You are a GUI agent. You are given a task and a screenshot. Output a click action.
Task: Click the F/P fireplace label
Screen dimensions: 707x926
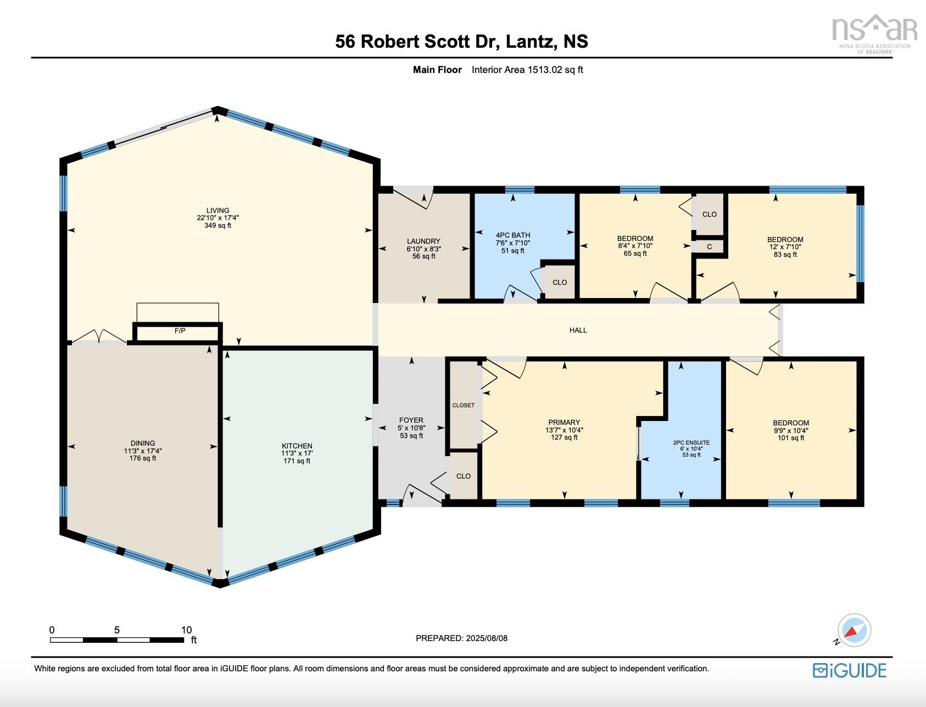[180, 331]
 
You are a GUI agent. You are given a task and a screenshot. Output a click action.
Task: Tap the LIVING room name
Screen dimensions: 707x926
[217, 210]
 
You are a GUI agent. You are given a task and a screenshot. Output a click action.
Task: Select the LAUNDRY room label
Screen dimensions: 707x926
[423, 241]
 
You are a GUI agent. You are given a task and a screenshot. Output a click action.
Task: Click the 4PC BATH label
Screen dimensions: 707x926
[512, 235]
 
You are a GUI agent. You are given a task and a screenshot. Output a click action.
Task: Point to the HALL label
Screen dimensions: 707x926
[578, 330]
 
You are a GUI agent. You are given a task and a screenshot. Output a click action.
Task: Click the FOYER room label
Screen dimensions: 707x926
[411, 420]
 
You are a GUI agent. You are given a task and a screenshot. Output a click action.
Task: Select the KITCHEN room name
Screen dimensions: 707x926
[297, 446]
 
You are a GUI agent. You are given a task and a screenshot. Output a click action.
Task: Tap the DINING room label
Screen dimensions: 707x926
[143, 443]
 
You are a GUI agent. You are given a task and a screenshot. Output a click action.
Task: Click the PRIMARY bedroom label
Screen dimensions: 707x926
[564, 423]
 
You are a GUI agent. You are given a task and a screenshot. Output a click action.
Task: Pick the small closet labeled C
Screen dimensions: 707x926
[709, 247]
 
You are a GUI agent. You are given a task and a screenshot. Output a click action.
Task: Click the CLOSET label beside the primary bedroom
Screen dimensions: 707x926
[463, 405]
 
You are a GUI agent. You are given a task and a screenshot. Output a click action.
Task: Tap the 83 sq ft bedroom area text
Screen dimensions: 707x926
[785, 255]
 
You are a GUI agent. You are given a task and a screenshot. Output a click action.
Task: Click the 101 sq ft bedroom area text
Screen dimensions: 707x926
[790, 438]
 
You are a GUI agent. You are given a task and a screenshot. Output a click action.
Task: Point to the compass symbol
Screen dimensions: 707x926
[854, 630]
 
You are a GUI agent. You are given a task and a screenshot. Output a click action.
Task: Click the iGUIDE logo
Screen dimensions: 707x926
[849, 670]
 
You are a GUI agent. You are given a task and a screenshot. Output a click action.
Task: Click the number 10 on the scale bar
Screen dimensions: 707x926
[186, 630]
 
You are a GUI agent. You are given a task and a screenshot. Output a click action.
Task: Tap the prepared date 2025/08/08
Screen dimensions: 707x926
[487, 638]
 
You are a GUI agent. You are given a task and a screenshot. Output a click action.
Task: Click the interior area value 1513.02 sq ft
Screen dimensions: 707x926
[555, 70]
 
